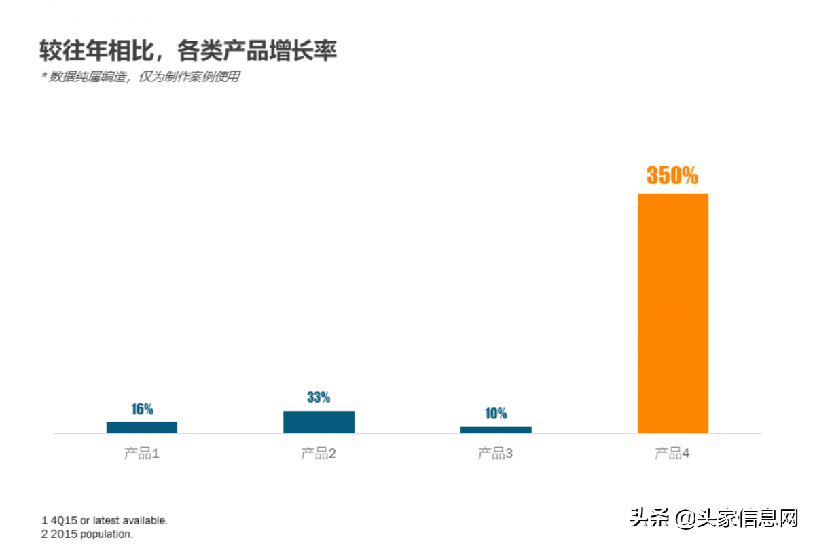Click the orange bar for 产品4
(x=672, y=313)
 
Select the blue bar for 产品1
(x=142, y=427)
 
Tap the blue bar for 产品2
(x=319, y=422)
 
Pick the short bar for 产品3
(x=496, y=429)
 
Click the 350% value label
(x=672, y=176)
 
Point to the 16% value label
(x=142, y=410)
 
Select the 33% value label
(x=319, y=397)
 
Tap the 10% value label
(x=496, y=414)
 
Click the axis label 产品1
(x=142, y=454)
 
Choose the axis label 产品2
(x=319, y=454)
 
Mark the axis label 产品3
(x=496, y=454)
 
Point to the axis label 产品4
(x=672, y=454)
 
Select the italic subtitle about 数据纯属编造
(x=141, y=77)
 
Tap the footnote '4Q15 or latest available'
(x=105, y=521)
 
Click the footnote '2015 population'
(x=88, y=534)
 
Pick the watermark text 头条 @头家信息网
(x=714, y=519)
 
